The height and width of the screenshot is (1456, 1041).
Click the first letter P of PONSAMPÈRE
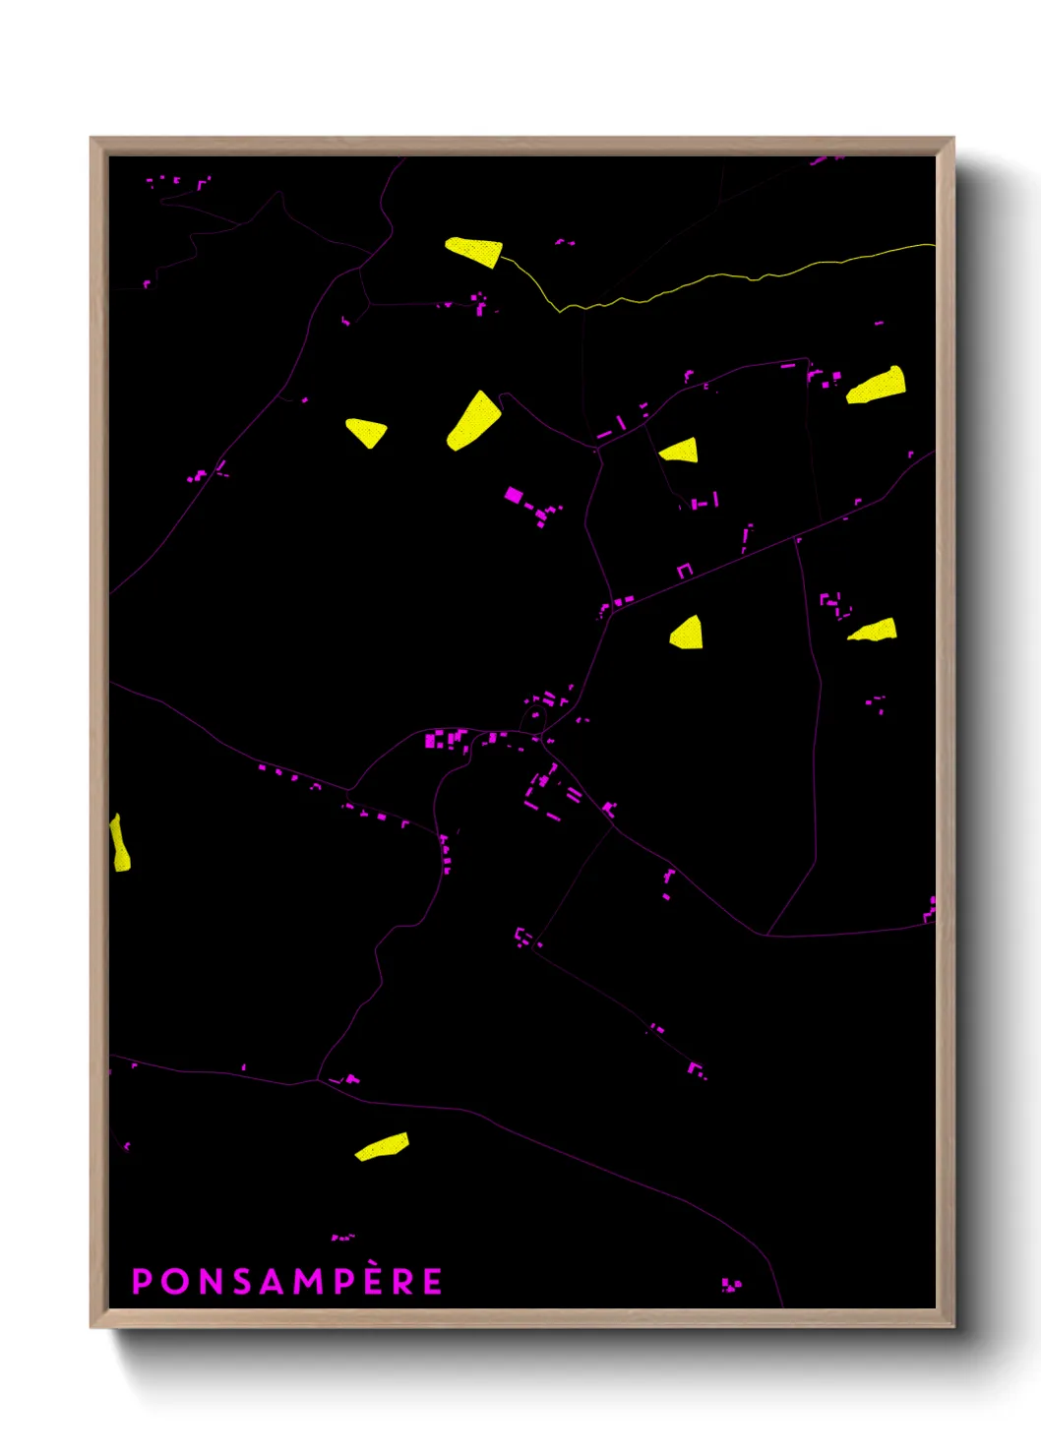coord(141,1281)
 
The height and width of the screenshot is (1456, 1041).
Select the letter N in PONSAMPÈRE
coord(210,1281)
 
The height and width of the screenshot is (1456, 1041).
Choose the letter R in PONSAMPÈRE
coord(403,1281)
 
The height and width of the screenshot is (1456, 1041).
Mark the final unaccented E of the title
coord(432,1281)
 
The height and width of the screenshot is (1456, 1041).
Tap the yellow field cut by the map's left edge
coord(119,844)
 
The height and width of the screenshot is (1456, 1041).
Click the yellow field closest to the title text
coord(383,1146)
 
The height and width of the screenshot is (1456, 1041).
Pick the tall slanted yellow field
coord(473,421)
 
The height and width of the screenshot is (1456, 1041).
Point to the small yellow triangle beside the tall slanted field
coord(366,431)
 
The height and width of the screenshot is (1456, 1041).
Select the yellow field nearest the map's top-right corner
coord(877,385)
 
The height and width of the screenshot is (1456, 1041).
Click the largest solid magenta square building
coord(513,494)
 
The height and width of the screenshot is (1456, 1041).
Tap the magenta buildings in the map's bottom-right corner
coord(731,1285)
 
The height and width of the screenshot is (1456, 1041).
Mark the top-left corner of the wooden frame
coord(92,140)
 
